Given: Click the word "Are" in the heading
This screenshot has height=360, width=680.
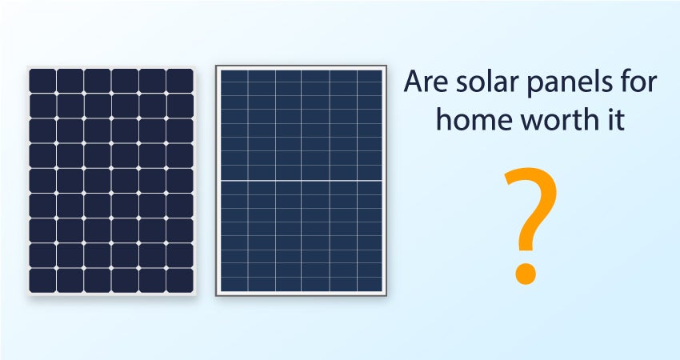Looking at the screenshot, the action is click(x=425, y=82).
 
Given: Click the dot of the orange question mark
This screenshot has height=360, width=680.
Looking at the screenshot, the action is click(x=526, y=273).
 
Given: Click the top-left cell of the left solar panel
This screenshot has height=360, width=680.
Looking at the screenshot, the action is click(x=42, y=80).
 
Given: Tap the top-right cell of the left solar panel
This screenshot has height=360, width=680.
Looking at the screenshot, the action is click(x=179, y=80).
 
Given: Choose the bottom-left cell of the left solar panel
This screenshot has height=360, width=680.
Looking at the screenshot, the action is click(x=42, y=280).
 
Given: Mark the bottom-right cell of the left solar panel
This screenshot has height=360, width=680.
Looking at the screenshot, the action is click(x=179, y=280).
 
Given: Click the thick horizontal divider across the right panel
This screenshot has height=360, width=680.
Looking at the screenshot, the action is click(x=302, y=181).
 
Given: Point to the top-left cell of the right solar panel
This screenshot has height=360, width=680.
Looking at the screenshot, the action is click(x=234, y=76).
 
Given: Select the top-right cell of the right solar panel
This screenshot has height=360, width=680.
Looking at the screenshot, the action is click(x=370, y=76).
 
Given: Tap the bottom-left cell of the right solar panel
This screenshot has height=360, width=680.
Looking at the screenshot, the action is click(x=234, y=284).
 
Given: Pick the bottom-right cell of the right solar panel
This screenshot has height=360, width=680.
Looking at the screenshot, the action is click(x=370, y=284).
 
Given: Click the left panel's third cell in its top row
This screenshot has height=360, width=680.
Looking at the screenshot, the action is click(x=97, y=80).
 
